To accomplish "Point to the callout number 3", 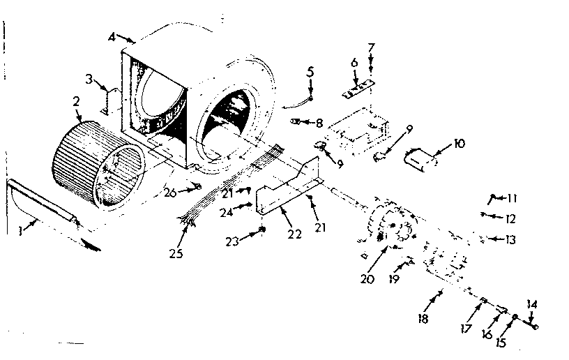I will [89, 78].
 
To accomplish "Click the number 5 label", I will [311, 71].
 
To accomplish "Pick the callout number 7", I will [372, 47].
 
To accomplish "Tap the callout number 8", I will [319, 123].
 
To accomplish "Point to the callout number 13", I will [513, 239].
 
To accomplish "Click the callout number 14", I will [533, 304].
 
